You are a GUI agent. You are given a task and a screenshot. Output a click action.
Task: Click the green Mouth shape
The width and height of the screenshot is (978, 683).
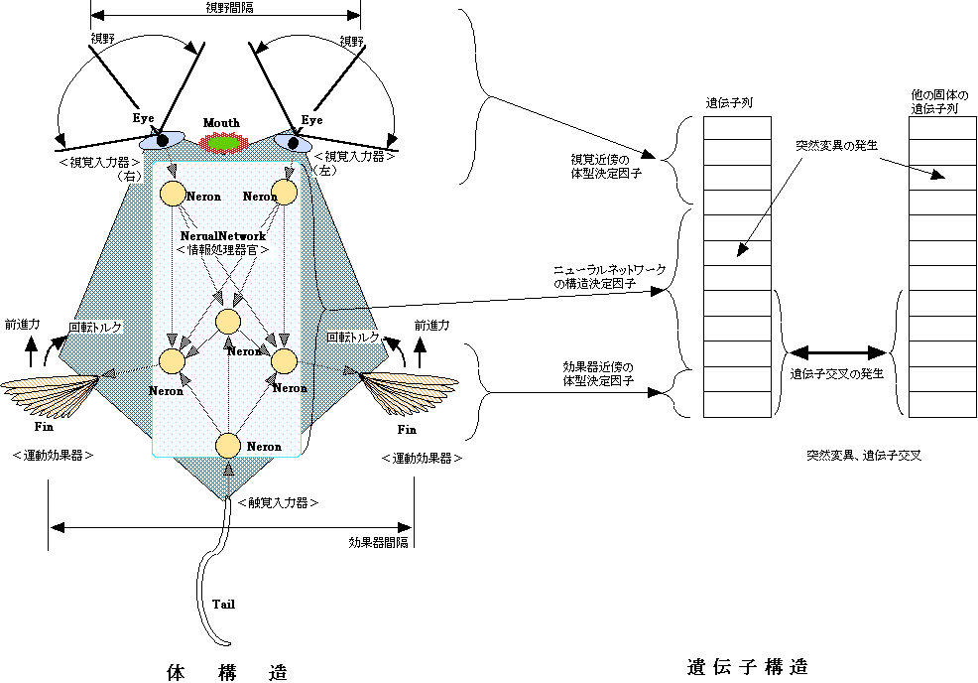(222, 142)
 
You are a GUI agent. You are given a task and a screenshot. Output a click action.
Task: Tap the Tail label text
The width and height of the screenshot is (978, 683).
(224, 603)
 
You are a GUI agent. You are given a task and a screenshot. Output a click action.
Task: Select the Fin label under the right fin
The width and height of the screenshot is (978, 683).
(407, 430)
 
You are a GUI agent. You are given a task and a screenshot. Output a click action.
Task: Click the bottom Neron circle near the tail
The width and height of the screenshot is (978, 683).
(228, 447)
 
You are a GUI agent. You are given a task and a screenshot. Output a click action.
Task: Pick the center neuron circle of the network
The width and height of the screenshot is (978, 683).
(228, 322)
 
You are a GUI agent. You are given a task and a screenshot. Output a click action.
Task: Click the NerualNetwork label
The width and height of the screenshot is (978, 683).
(223, 236)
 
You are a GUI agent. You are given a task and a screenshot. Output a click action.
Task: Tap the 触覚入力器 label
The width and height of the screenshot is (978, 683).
(278, 503)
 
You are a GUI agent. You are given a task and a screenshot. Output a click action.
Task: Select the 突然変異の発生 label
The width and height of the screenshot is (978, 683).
(836, 145)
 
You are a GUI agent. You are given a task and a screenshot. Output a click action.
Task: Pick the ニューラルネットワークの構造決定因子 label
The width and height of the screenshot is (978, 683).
(603, 277)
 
